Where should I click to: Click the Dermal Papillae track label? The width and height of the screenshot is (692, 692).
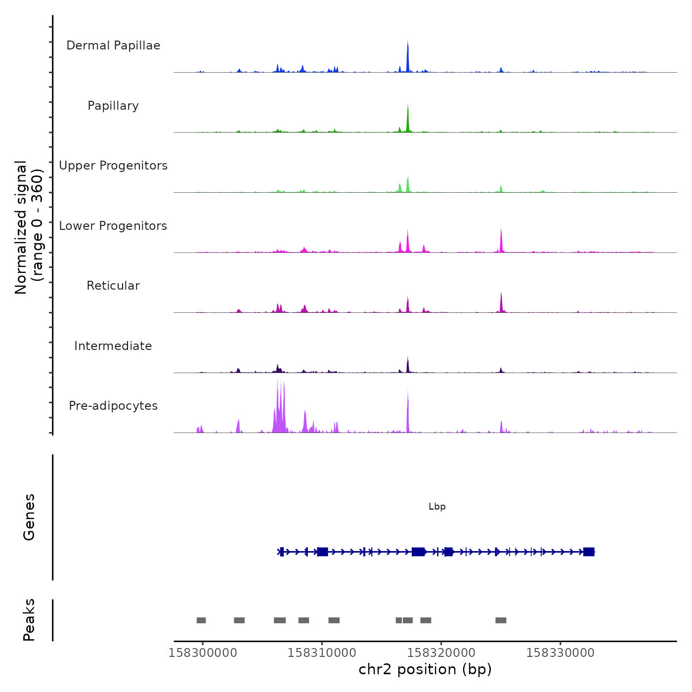tap(113, 45)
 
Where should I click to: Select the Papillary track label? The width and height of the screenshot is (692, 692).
tap(113, 106)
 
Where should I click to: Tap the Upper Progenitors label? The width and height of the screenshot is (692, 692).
tap(113, 166)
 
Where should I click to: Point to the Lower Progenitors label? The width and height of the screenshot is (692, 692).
tap(113, 226)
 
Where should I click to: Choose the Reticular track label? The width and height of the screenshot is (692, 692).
tap(113, 286)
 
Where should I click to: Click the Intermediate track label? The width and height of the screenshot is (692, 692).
tap(113, 346)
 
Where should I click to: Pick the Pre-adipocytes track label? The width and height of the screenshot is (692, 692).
tap(113, 406)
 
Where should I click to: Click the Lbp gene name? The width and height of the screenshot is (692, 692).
tap(437, 507)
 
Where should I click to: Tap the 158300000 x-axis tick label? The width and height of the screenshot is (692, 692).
tap(203, 652)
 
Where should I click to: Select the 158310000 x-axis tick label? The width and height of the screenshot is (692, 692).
tap(322, 652)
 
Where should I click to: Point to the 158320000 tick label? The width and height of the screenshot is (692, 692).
tap(441, 652)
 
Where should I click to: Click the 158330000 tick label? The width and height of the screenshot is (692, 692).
tap(560, 652)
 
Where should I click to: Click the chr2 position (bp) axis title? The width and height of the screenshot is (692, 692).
tap(425, 669)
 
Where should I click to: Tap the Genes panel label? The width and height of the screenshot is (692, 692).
tap(29, 517)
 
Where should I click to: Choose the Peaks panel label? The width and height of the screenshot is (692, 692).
tap(29, 620)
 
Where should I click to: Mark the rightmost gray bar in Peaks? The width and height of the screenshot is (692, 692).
tap(501, 620)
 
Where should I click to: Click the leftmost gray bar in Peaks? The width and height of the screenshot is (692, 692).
tap(201, 620)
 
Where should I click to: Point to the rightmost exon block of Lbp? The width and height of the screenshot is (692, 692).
tap(589, 552)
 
